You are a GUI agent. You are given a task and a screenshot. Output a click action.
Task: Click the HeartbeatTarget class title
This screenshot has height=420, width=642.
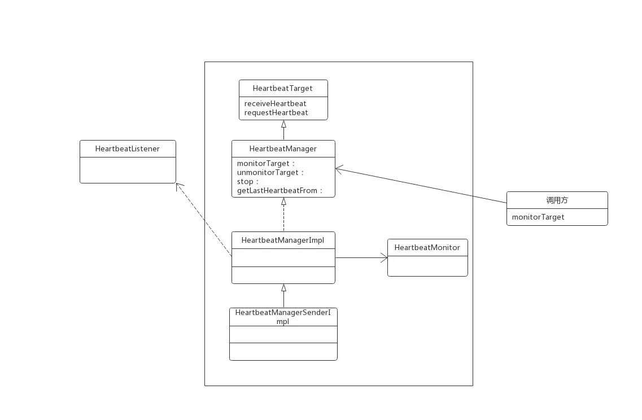point(282,88)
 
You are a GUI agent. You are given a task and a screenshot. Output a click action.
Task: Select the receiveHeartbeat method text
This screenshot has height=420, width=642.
point(275,103)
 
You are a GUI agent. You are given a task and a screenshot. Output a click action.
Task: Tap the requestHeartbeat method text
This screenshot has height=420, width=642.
point(276,112)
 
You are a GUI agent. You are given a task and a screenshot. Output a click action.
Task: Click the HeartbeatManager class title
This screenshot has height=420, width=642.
point(283,148)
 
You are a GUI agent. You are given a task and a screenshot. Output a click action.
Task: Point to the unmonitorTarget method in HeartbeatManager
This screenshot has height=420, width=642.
point(270,172)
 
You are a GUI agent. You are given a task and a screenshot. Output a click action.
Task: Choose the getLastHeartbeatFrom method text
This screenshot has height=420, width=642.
point(279,190)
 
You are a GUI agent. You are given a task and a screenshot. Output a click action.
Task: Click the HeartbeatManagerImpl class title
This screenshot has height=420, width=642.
point(282,240)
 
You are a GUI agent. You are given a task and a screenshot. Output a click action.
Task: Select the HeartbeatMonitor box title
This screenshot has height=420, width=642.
point(427,247)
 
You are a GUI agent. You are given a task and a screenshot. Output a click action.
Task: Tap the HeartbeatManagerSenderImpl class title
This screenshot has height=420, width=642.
point(283,316)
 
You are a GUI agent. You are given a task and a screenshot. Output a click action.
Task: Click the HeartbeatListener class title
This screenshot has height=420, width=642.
point(127,148)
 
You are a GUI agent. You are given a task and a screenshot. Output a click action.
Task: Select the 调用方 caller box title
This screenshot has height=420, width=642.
point(557,200)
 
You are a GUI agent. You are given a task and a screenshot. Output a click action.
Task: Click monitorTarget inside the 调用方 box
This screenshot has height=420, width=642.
point(538,217)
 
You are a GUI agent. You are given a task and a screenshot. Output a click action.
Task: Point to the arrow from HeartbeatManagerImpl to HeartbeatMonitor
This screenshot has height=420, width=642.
point(361,258)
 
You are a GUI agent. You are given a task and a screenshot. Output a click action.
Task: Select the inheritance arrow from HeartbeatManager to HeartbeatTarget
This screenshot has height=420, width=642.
point(283,130)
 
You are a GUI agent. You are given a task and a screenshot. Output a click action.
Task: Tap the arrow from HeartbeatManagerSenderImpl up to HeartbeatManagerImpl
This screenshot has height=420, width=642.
point(283,296)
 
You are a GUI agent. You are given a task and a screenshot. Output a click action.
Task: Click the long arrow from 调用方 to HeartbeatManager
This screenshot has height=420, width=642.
point(407,182)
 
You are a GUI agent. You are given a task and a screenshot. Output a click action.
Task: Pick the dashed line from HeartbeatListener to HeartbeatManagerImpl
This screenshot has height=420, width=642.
point(217,237)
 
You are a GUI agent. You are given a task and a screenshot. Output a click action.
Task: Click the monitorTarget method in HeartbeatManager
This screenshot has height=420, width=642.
point(265,163)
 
